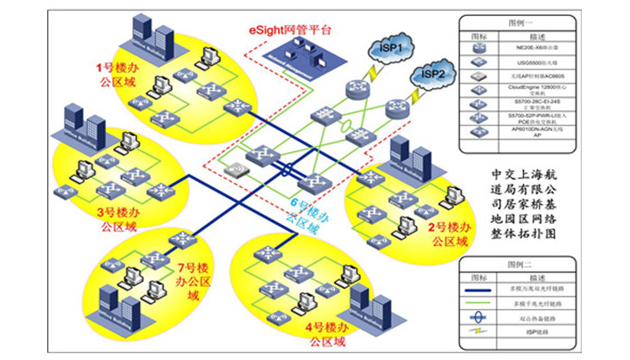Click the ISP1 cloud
click(395, 44)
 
